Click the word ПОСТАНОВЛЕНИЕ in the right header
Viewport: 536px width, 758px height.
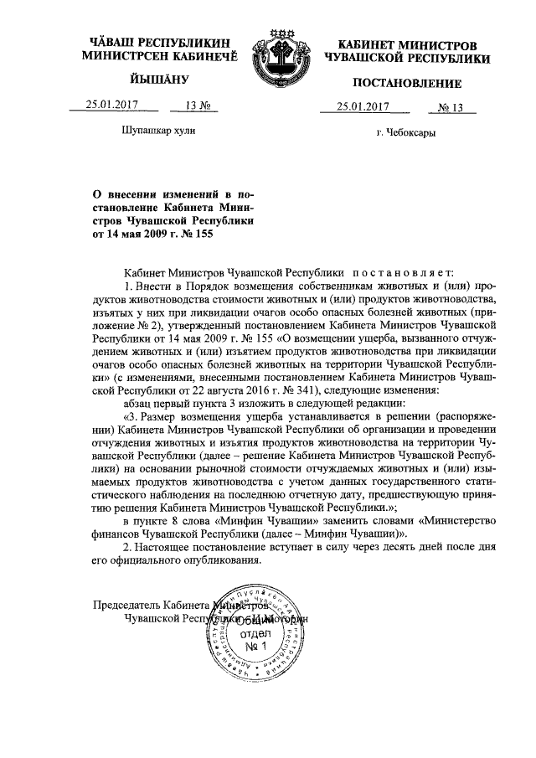[407, 83]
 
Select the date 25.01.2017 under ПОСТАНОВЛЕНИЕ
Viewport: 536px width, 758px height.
[363, 106]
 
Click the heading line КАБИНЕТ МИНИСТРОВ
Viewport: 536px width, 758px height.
[407, 43]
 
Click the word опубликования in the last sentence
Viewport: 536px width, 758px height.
[219, 565]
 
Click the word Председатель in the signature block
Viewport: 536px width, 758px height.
[124, 606]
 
